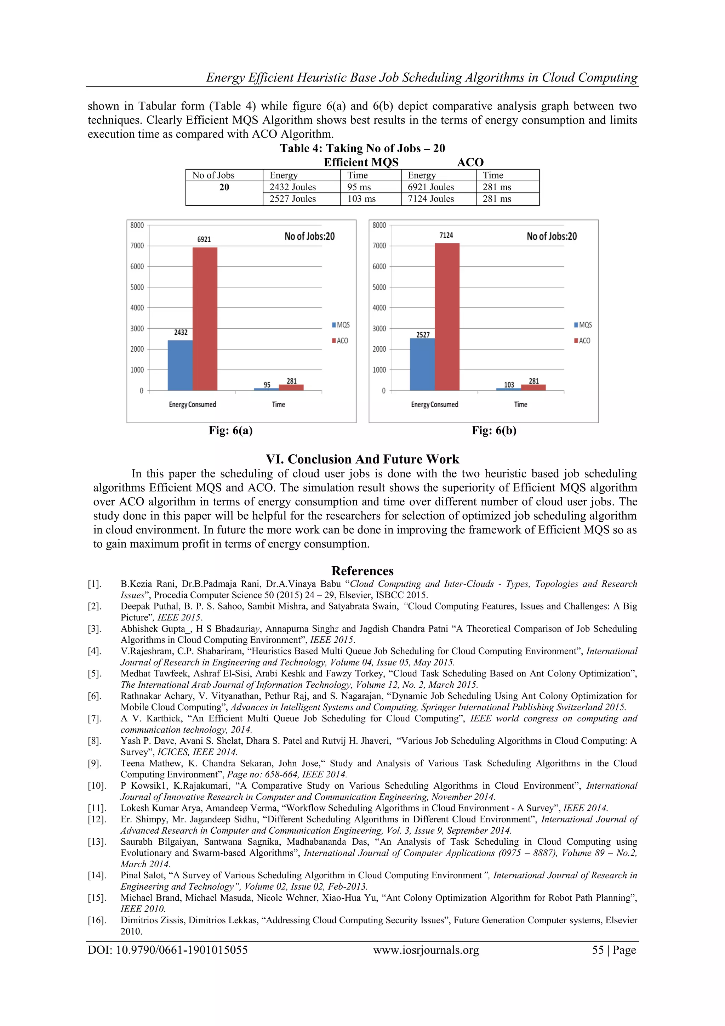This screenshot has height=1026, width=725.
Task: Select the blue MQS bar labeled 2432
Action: click(180, 365)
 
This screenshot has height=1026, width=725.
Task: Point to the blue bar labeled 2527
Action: click(422, 364)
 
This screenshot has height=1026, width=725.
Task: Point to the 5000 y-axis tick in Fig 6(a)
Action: click(137, 287)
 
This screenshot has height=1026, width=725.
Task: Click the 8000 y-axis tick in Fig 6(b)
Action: click(379, 225)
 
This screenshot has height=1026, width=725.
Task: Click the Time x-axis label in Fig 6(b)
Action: click(520, 404)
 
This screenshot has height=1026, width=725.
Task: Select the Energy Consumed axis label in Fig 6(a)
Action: click(193, 404)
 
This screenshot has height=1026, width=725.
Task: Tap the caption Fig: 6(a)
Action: click(230, 430)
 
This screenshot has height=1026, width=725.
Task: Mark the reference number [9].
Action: click(95, 764)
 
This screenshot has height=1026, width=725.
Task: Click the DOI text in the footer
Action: click(167, 950)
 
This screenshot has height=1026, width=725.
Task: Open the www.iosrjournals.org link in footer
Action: click(426, 950)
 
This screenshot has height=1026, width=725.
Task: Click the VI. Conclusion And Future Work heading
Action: click(362, 459)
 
